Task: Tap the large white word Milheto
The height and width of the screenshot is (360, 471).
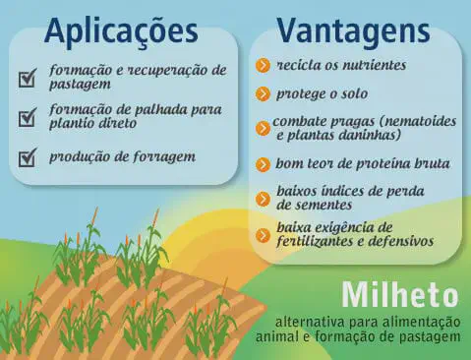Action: (x=400, y=294)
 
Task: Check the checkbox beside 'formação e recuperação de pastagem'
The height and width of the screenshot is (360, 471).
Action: (x=29, y=77)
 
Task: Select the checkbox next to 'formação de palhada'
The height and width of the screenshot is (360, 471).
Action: (x=29, y=117)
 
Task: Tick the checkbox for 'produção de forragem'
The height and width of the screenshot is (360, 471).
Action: (x=29, y=156)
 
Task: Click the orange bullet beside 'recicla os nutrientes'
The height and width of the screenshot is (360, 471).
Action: (x=263, y=66)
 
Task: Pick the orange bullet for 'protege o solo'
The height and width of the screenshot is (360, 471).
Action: (x=263, y=94)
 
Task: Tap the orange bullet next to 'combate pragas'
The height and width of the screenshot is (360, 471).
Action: (x=263, y=127)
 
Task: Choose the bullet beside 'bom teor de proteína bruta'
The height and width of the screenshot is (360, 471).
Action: (x=263, y=164)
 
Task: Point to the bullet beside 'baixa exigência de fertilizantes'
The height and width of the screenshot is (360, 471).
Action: (x=263, y=234)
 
